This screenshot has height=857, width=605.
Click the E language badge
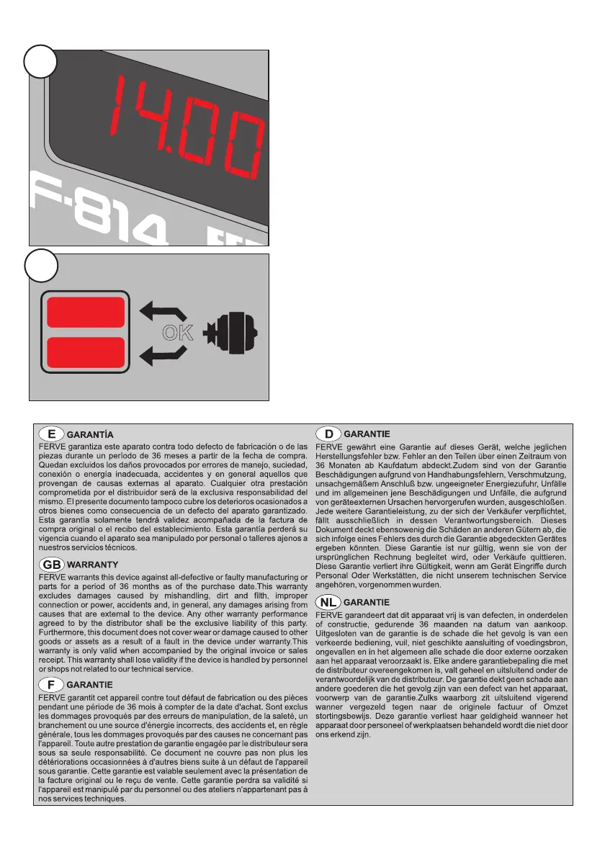tap(51, 434)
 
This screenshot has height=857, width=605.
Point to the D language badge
tap(329, 434)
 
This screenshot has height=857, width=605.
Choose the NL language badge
tap(329, 602)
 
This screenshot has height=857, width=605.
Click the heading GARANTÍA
tap(90, 435)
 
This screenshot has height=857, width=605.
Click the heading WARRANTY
tap(92, 564)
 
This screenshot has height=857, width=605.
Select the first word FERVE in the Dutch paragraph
tap(330, 614)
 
